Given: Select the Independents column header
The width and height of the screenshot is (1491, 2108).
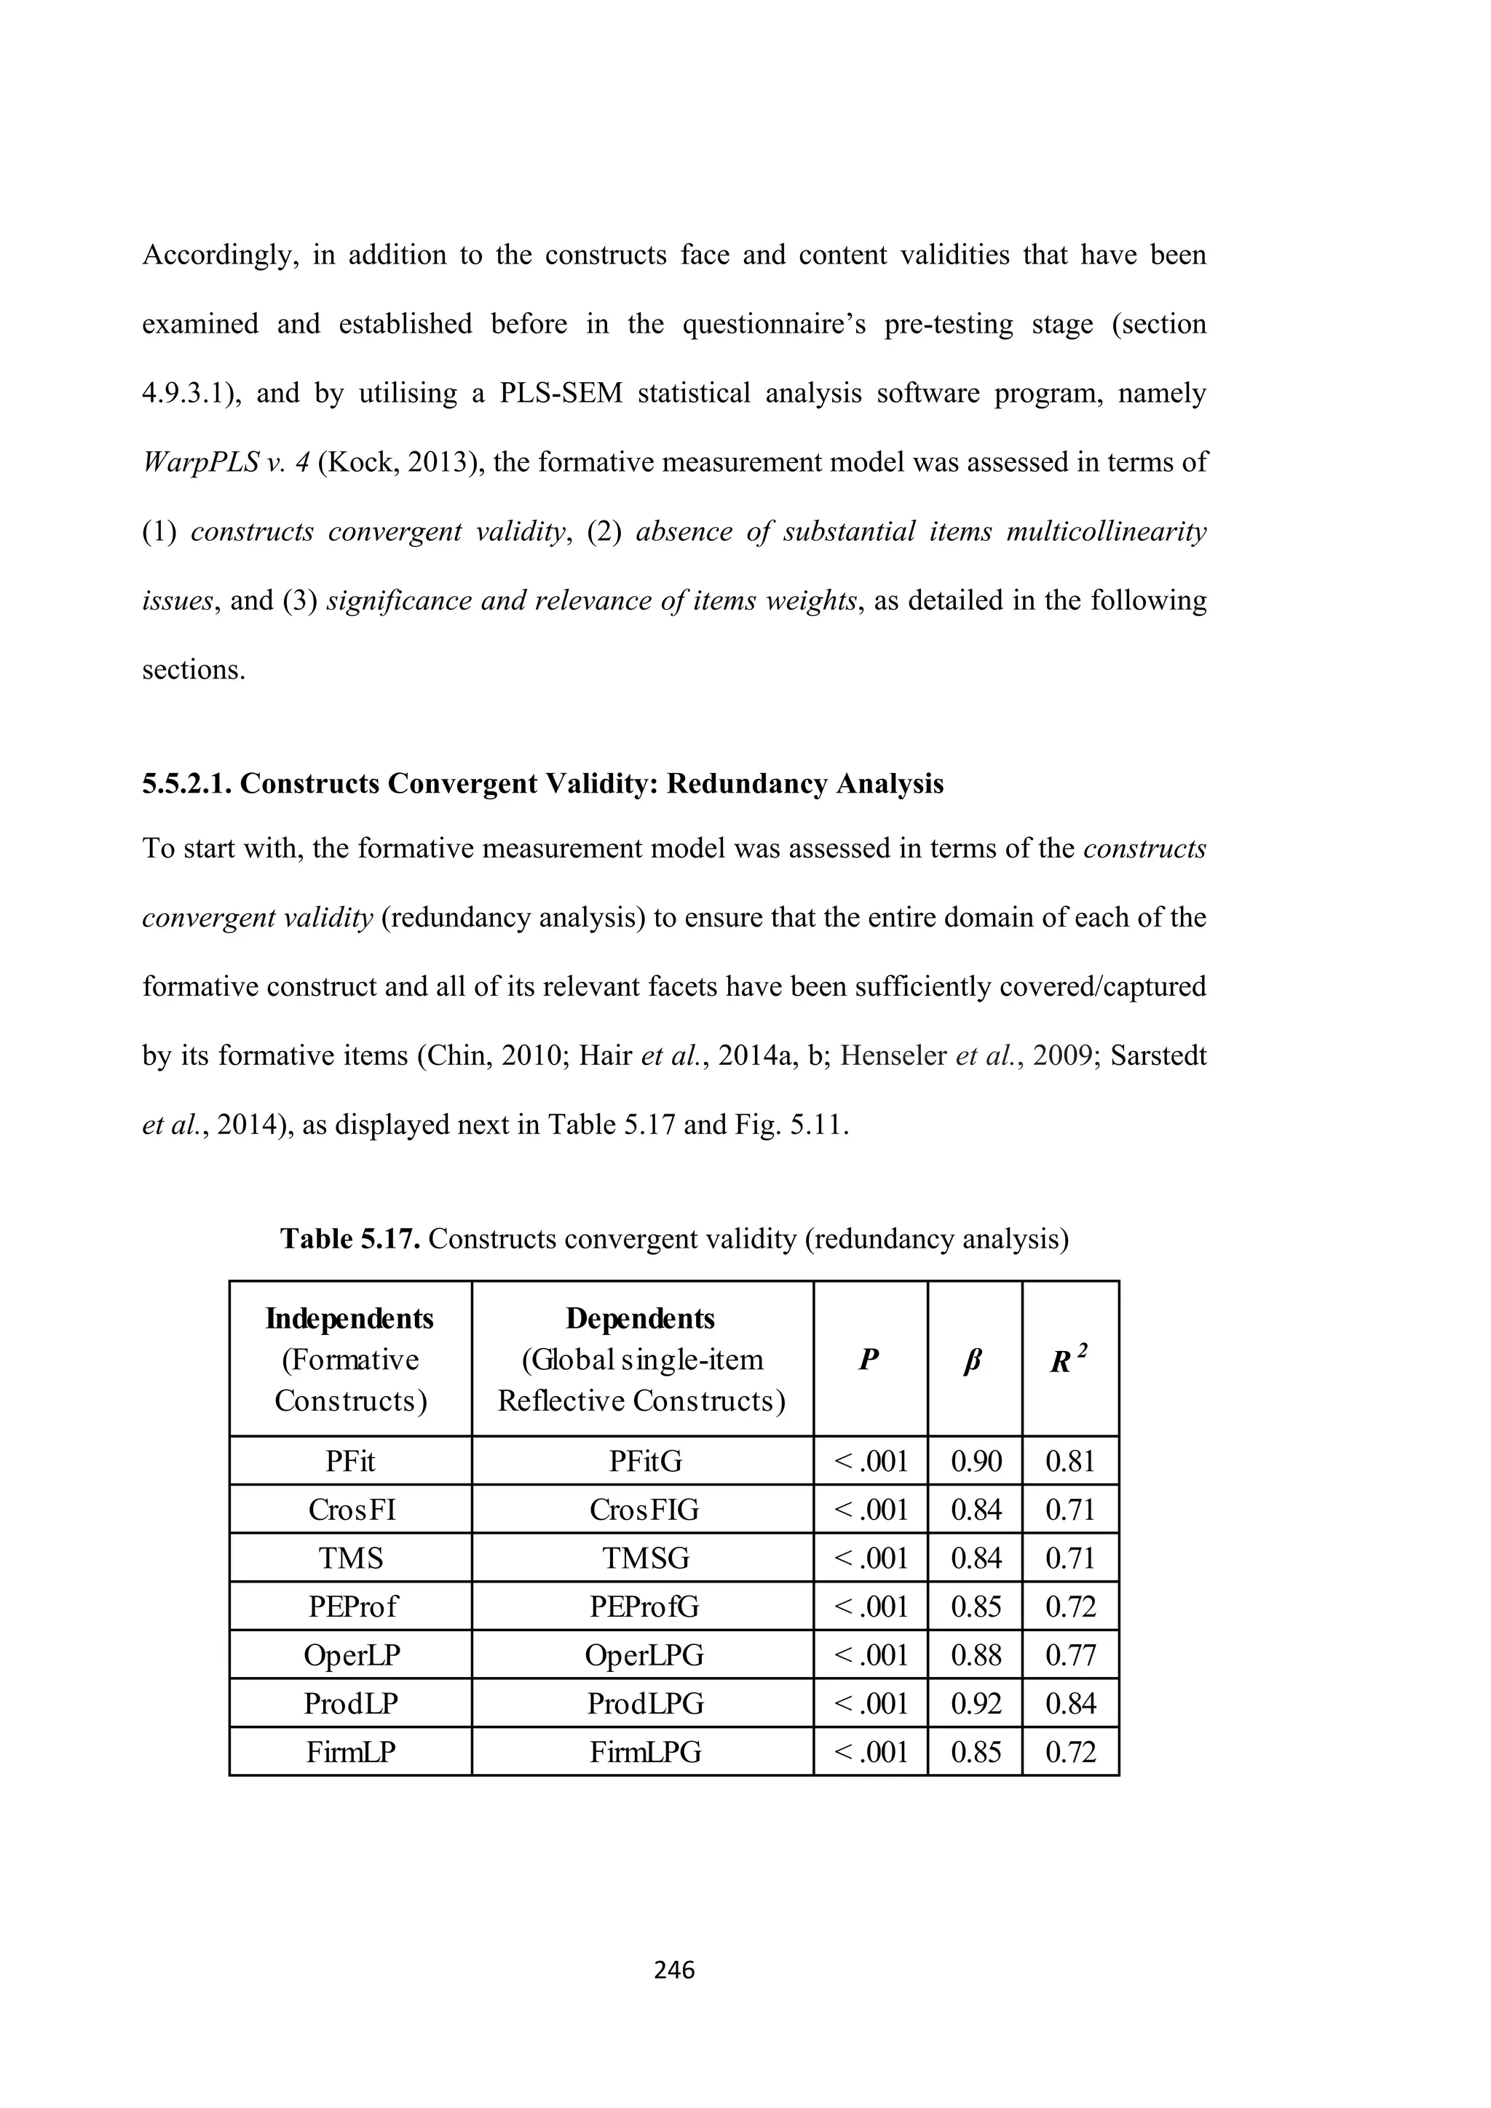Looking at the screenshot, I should (x=349, y=1318).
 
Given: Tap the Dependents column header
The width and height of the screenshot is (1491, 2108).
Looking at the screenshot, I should (x=640, y=1318).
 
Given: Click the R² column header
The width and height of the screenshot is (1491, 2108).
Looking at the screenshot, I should (x=1069, y=1360).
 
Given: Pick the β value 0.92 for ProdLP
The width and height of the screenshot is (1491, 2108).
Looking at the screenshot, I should (x=975, y=1704).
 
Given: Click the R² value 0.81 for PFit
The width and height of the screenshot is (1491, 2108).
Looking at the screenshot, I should (x=1070, y=1461).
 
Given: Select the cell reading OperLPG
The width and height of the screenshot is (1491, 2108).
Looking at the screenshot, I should (x=644, y=1655).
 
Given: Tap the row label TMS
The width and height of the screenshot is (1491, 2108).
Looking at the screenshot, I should (x=351, y=1558).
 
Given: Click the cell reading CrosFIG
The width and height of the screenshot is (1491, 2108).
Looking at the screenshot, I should (x=644, y=1510).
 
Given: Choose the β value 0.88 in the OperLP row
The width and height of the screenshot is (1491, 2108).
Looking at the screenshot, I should (x=975, y=1655).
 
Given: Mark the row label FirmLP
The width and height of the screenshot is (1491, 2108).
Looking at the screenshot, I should (x=351, y=1753).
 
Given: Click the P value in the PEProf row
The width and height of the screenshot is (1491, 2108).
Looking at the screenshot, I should (x=871, y=1606).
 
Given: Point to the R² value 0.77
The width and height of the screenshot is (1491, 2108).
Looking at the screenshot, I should (x=1070, y=1655).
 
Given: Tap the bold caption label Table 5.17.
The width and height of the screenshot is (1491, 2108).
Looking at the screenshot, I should (x=349, y=1240).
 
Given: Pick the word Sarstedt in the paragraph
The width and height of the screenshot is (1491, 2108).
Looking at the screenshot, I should (x=1158, y=1056).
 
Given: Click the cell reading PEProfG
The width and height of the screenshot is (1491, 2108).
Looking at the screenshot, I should (x=644, y=1606).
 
